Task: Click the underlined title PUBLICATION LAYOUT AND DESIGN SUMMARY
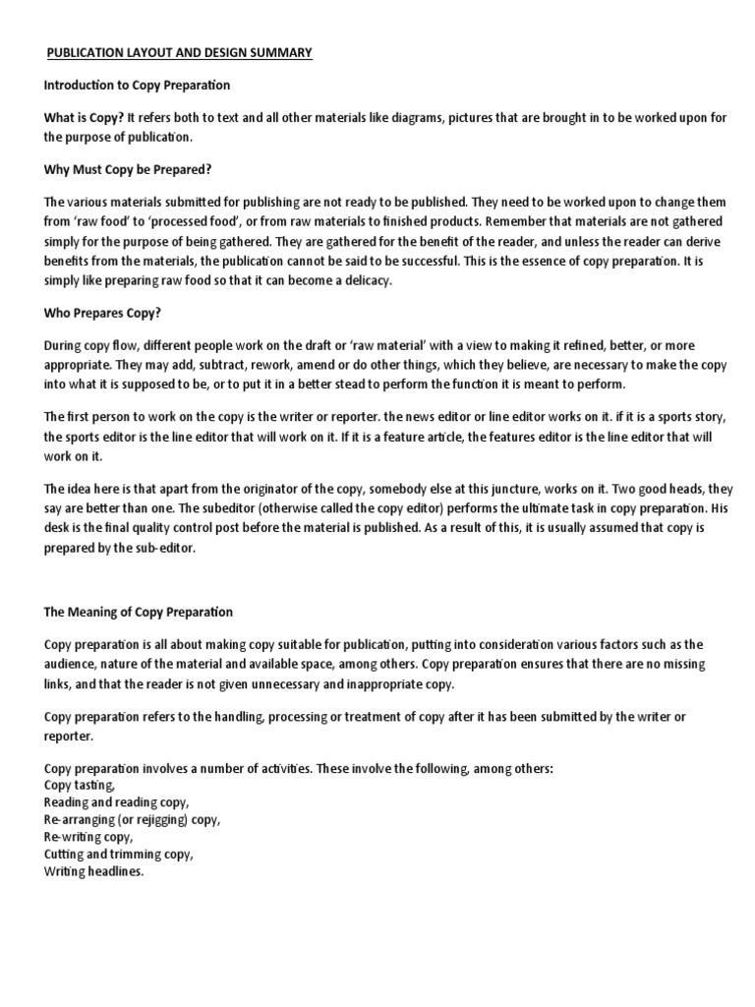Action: (x=180, y=52)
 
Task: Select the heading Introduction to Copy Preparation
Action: (x=138, y=86)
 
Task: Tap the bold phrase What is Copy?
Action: (x=84, y=118)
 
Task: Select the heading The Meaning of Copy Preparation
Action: (x=139, y=612)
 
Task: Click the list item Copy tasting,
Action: (x=81, y=785)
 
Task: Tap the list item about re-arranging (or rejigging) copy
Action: (x=133, y=819)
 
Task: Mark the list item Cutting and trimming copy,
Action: (x=119, y=854)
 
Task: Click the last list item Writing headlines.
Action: (x=94, y=870)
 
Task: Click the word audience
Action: (x=72, y=661)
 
